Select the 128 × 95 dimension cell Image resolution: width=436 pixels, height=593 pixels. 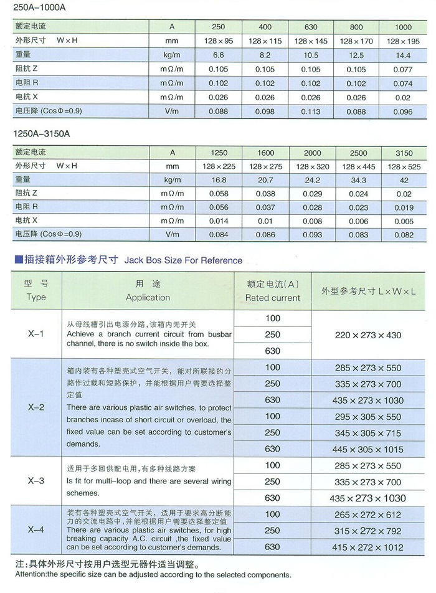point(219,41)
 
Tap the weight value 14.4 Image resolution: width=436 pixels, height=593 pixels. point(403,55)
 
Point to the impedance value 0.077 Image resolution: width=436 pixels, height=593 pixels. point(403,70)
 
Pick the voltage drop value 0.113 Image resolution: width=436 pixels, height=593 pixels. point(310,112)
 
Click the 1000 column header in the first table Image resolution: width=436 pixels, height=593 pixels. point(403,27)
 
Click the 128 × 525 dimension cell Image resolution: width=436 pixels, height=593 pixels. point(404,166)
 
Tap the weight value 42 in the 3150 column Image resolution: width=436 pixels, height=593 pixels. point(404,180)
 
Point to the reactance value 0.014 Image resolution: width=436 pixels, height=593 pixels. point(219,221)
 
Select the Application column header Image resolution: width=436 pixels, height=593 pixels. point(148,297)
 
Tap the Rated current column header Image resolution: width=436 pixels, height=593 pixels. point(273,298)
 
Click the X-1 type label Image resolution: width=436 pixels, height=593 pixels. point(36,334)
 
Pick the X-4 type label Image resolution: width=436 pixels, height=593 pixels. point(36,530)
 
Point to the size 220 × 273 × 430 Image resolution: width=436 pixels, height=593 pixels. point(368,335)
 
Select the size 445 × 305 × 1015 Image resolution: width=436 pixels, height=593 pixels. point(368,449)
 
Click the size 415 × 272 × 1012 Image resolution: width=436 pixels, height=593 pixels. point(368,547)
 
